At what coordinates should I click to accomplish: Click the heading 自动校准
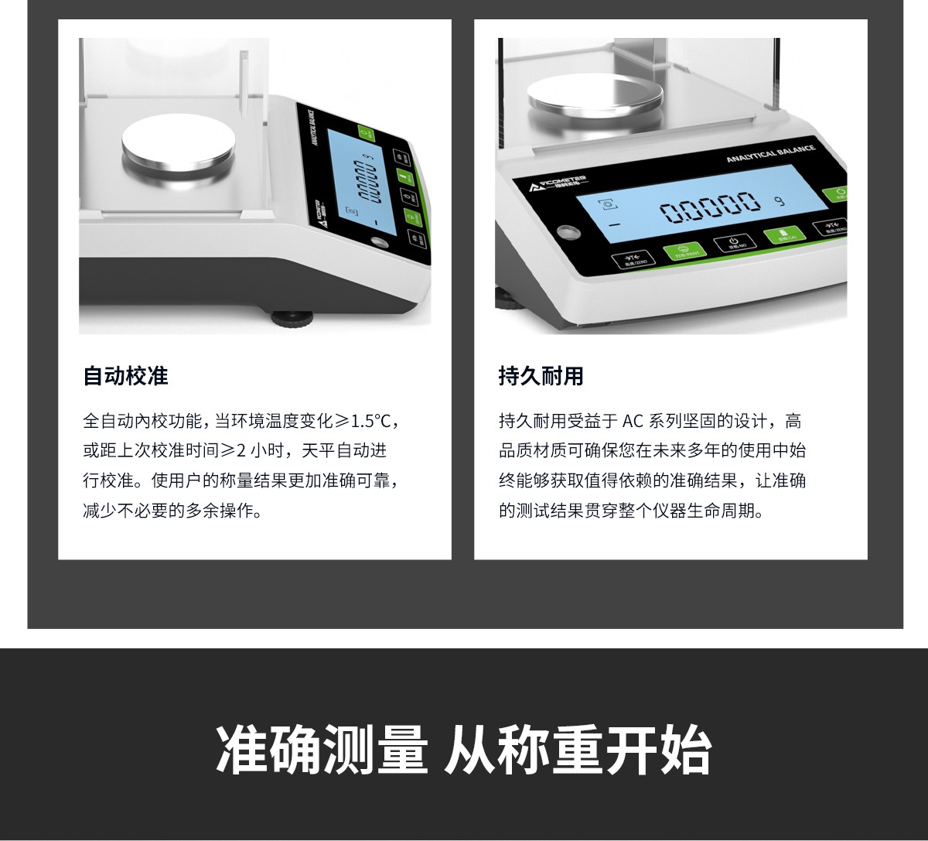125,377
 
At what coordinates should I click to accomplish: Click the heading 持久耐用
541,377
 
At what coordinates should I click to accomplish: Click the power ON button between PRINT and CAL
732,244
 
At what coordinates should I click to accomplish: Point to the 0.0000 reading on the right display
709,207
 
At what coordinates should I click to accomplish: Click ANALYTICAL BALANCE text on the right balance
770,153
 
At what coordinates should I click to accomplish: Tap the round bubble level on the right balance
570,233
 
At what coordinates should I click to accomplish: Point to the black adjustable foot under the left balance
292,317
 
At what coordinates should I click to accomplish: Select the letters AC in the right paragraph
633,422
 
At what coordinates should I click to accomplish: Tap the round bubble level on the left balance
379,242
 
